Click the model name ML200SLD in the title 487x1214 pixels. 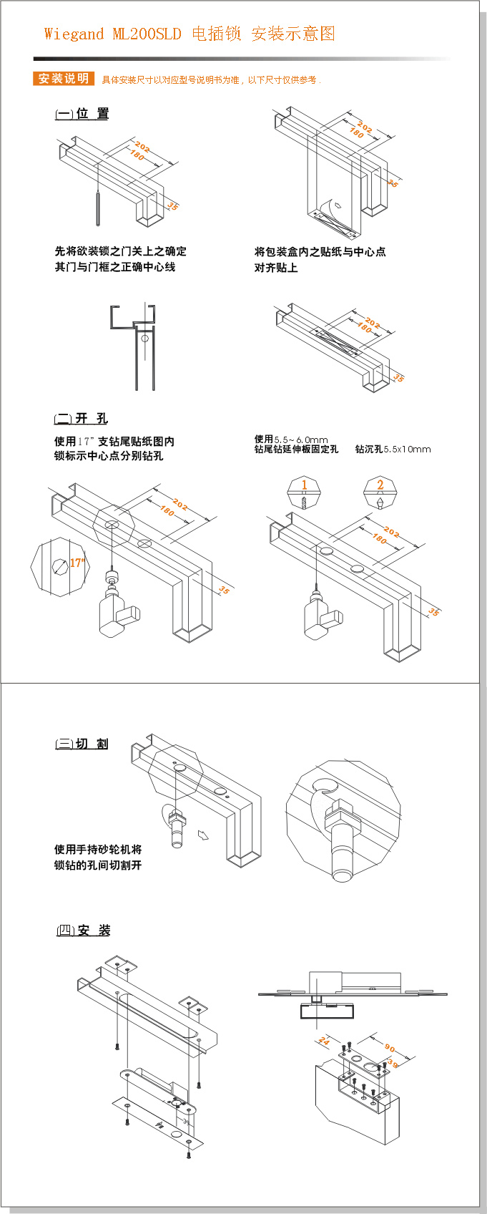point(147,34)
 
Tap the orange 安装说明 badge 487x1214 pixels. point(63,79)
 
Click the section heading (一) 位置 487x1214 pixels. point(82,114)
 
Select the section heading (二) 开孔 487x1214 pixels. point(81,419)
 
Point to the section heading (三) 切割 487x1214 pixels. point(82,744)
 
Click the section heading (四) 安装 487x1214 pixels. point(84,931)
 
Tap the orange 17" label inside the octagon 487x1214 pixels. point(77,563)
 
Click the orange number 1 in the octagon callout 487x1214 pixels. point(304,485)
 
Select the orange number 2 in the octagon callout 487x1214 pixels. point(380,485)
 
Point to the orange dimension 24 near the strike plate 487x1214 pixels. point(324,1041)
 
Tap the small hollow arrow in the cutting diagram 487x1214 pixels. point(203,835)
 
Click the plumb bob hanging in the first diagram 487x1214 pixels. point(97,208)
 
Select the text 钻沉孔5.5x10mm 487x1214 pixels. point(393,450)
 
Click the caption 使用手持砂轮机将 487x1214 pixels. point(98,850)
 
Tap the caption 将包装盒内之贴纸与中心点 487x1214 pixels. point(320,252)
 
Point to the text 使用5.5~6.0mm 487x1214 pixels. point(291,440)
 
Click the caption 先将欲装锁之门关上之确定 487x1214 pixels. point(120,251)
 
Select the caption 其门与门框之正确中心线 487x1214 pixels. point(114,267)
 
